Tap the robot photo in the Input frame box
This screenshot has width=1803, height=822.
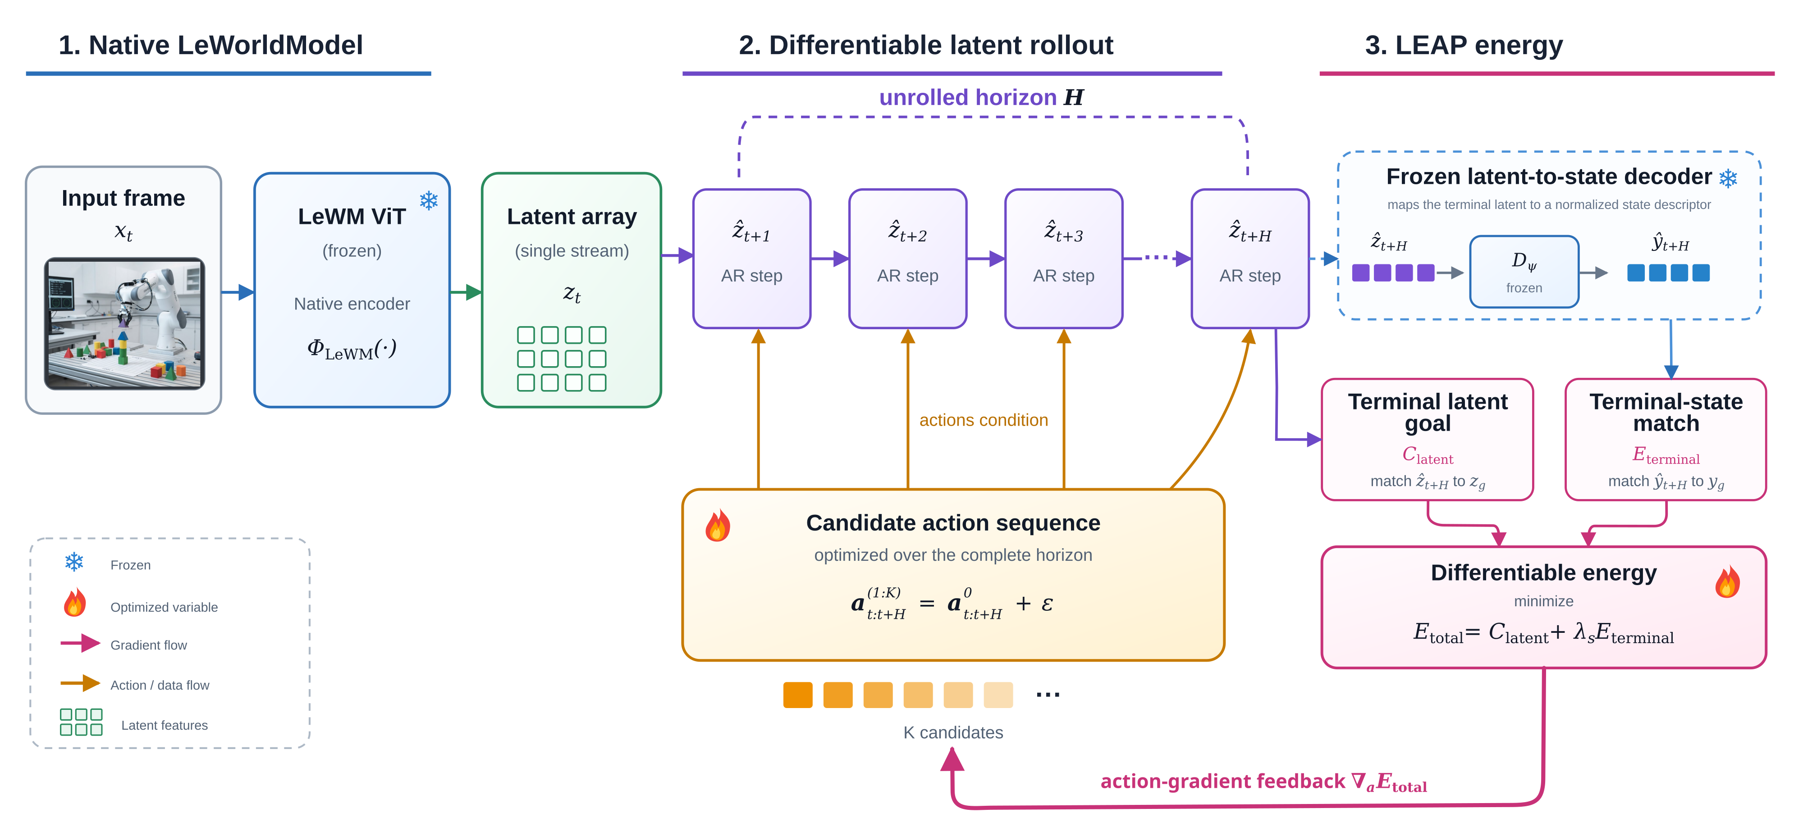pos(124,323)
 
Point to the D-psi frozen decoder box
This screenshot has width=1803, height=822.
pos(1524,272)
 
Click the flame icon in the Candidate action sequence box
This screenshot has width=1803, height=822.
pos(718,525)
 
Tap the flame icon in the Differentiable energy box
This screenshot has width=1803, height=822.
pos(1727,581)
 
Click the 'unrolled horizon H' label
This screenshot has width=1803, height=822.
pos(981,97)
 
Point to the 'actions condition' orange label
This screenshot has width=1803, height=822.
pos(984,420)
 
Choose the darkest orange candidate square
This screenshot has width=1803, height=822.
pos(798,695)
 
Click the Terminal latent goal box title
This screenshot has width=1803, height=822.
pos(1428,412)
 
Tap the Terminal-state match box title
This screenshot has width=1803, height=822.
pos(1666,412)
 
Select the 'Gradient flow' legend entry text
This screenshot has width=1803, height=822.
pos(148,645)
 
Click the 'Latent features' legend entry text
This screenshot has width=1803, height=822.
pos(165,726)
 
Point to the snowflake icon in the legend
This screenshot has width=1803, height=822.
pos(74,562)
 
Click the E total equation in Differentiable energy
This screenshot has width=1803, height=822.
pos(1543,633)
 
